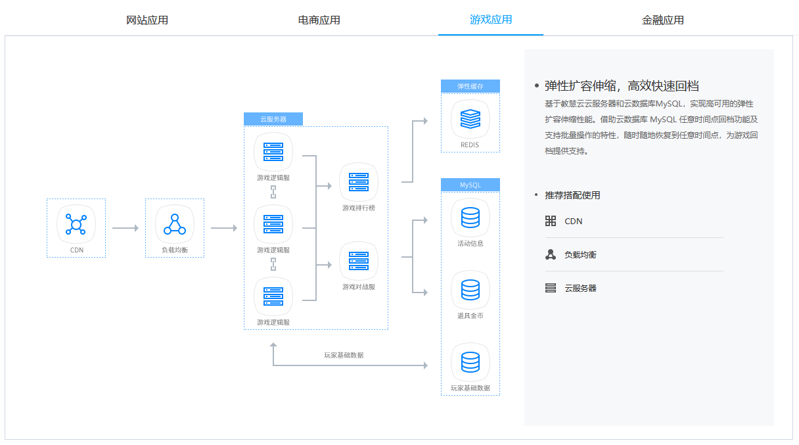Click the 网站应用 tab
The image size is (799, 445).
pos(147,20)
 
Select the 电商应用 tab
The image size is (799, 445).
pos(319,20)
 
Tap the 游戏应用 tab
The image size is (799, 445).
pos(491,20)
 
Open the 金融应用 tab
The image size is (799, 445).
pos(663,20)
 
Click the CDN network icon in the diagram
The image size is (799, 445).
pos(76,224)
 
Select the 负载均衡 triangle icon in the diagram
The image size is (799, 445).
pos(175,224)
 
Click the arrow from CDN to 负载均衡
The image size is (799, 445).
pos(125,228)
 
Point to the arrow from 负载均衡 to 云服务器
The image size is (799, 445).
pos(223,228)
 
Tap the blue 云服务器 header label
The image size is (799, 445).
pos(273,119)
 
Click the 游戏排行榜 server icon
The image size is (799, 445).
pos(359,182)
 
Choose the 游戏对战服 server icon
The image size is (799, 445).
pos(359,261)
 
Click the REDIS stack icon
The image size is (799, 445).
pos(470,119)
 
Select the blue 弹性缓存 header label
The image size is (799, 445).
pos(470,86)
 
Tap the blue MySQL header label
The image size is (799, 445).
pos(470,185)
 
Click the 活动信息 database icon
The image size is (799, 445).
pos(470,218)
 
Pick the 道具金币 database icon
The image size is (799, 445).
pos(470,290)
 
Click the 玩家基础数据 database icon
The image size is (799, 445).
pos(470,362)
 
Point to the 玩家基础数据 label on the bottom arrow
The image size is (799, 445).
pos(344,355)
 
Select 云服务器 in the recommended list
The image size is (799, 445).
pos(580,288)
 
